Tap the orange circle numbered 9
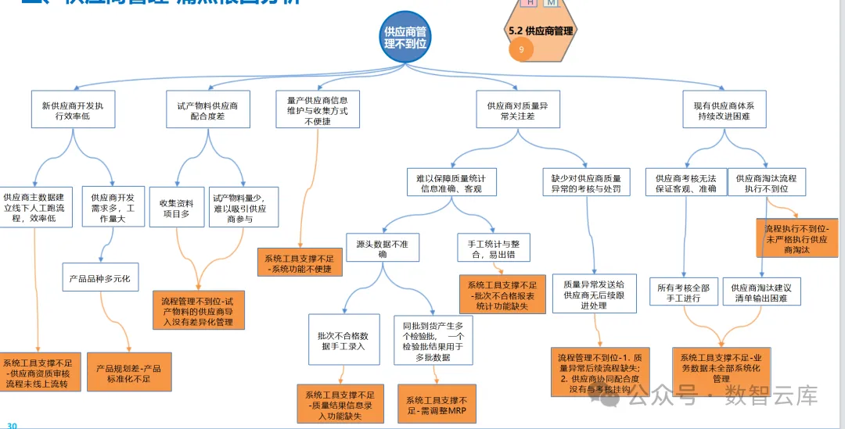point(521,49)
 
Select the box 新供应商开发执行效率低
point(73,110)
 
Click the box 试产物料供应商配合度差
point(207,110)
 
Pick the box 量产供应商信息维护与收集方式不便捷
point(317,110)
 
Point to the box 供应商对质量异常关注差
point(517,110)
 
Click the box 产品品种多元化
point(101,277)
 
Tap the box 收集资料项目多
point(176,207)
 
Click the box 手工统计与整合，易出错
point(493,249)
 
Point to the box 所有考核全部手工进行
point(684,293)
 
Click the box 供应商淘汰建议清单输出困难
point(762,293)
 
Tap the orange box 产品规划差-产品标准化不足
point(128,373)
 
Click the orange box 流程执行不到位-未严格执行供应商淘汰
point(796,239)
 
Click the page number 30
point(12,425)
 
